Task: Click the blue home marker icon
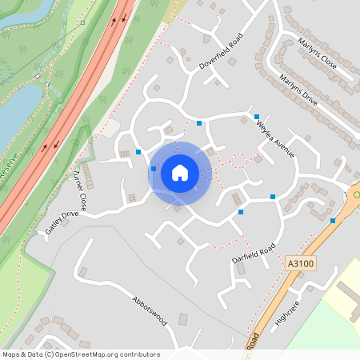pyautogui.click(x=180, y=173)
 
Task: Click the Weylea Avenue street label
pyautogui.click(x=276, y=139)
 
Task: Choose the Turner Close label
pyautogui.click(x=79, y=190)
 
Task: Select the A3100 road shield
pyautogui.click(x=298, y=262)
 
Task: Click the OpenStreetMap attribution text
pyautogui.click(x=81, y=354)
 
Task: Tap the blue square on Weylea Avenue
pyautogui.click(x=257, y=117)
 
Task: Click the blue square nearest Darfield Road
pyautogui.click(x=241, y=212)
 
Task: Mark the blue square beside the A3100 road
pyautogui.click(x=333, y=221)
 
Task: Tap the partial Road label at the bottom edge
pyautogui.click(x=254, y=342)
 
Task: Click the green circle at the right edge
pyautogui.click(x=357, y=194)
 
